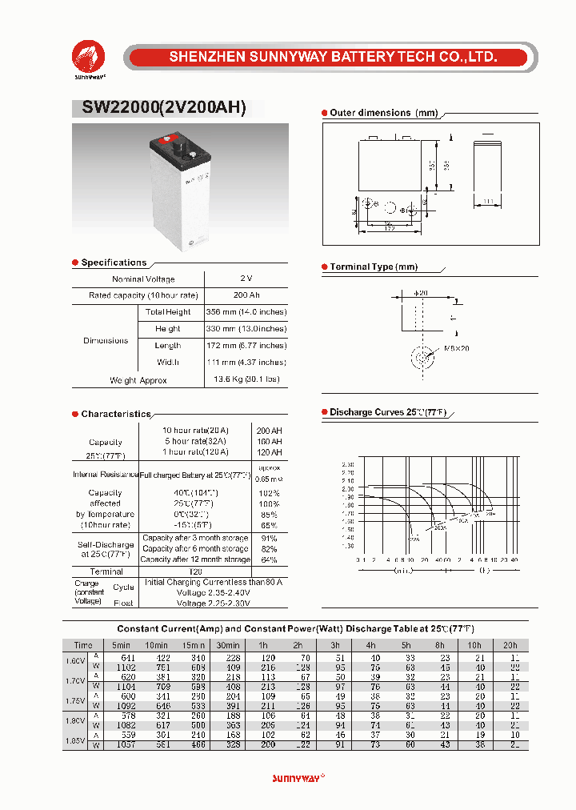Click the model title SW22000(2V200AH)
tap(163, 108)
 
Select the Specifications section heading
tap(114, 263)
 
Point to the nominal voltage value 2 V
tap(246, 279)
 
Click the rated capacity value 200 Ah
tap(246, 295)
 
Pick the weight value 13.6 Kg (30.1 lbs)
tap(246, 380)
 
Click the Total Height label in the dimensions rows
tap(168, 312)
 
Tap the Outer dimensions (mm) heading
tap(383, 114)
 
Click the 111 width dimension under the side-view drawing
tap(487, 202)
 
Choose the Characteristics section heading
tap(116, 415)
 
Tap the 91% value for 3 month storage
tap(269, 538)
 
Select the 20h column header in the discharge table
tap(511, 645)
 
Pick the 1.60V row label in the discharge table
tap(75, 661)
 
